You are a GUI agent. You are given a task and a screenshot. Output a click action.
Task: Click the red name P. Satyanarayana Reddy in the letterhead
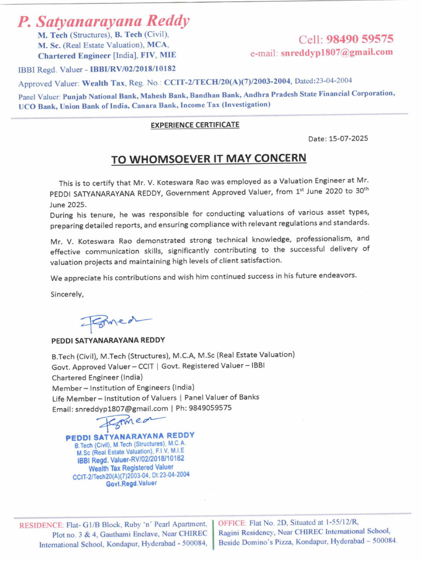tap(104, 21)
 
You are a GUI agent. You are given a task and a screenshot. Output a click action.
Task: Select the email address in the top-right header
tap(337, 53)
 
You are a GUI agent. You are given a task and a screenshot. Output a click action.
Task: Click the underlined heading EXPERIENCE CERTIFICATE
tap(195, 125)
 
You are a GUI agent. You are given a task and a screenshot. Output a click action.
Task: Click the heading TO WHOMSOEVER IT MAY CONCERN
tap(209, 159)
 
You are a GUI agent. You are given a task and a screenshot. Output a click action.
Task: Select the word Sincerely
tap(67, 294)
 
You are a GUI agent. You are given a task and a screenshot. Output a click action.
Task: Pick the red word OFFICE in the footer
tap(232, 522)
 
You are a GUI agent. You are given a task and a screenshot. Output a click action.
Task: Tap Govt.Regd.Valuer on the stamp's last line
tap(131, 484)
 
